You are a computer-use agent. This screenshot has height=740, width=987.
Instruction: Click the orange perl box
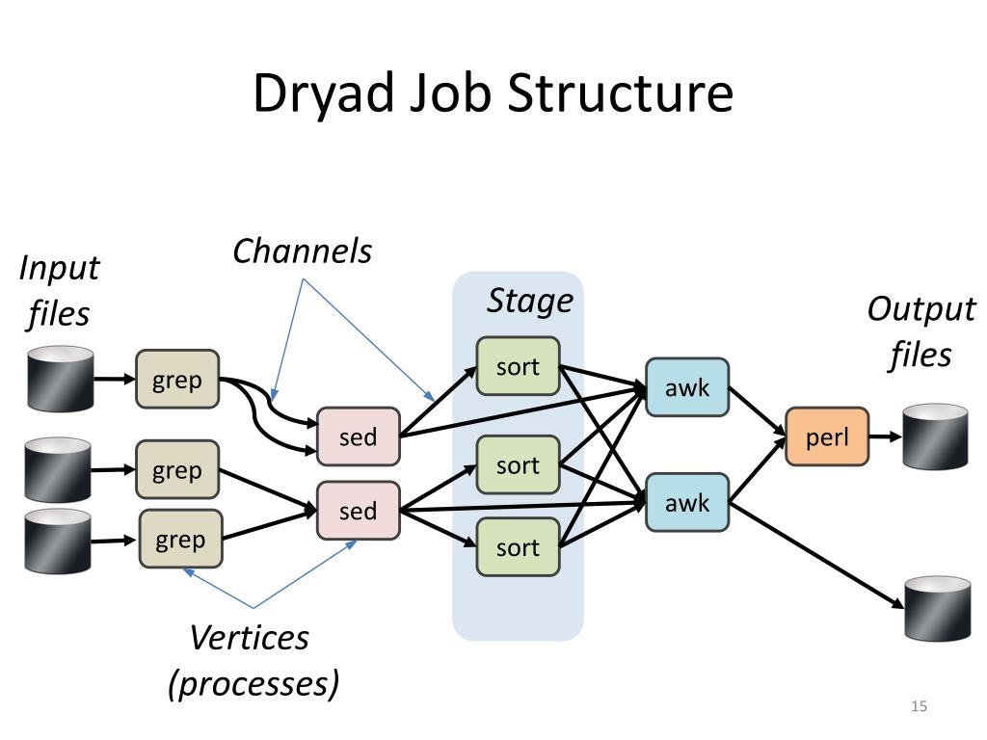pos(827,436)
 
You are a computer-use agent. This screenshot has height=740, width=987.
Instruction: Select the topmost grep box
pos(177,380)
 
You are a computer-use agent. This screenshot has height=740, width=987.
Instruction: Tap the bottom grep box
pos(180,540)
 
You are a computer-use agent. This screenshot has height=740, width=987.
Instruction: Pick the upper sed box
pos(359,436)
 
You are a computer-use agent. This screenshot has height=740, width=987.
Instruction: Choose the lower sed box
pos(359,511)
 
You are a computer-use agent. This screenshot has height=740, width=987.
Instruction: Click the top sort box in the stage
pos(518,366)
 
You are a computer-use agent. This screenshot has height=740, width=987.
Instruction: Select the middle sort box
pos(518,465)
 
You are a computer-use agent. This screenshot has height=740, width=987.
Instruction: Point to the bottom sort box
pos(518,547)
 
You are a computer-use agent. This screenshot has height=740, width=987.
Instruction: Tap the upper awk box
pos(687,387)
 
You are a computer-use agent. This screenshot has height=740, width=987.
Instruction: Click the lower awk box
pos(687,503)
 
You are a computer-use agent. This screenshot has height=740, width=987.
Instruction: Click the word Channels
pos(302,251)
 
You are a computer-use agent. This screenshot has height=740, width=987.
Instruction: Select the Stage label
pos(530,301)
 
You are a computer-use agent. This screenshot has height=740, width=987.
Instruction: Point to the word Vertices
pos(250,638)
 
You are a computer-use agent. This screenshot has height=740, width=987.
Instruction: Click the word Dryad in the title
pos(324,93)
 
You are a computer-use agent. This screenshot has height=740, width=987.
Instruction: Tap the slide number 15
pos(919,706)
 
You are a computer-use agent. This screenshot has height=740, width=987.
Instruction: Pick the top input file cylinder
pos(61,379)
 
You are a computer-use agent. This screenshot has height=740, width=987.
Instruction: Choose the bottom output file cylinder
pos(937,609)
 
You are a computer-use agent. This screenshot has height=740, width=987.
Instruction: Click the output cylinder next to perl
pos(935,436)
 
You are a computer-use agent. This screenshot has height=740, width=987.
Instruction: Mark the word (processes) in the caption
pos(253,683)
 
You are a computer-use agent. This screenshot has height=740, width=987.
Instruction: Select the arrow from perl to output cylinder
pos(886,436)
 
